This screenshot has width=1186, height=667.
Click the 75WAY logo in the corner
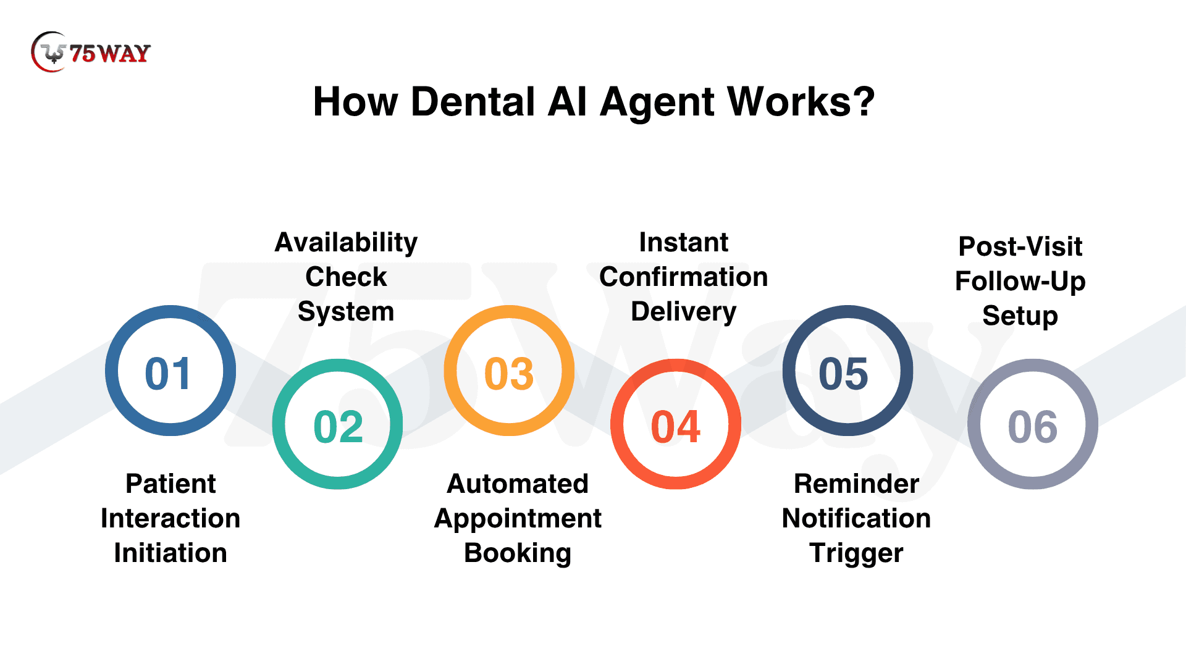(x=91, y=52)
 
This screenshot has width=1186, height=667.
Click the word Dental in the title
(x=473, y=102)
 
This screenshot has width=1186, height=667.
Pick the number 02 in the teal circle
(x=338, y=427)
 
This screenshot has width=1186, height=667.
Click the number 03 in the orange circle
(x=509, y=374)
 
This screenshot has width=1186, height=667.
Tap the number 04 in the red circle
(x=676, y=427)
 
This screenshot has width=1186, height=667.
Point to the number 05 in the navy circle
(x=844, y=374)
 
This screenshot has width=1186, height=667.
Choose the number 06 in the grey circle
(x=1033, y=427)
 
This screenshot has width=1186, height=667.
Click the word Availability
(x=346, y=243)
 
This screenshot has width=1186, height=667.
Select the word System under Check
(x=346, y=312)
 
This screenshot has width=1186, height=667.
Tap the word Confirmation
(x=683, y=277)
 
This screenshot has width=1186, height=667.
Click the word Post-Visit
(x=1020, y=247)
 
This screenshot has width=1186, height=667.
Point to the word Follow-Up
(x=1020, y=282)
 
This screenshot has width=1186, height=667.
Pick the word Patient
(x=170, y=484)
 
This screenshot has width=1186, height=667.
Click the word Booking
(x=518, y=553)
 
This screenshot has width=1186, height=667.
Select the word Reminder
(x=856, y=484)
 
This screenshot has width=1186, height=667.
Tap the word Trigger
(x=856, y=553)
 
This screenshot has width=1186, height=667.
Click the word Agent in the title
(x=656, y=103)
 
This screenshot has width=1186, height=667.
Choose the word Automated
(x=518, y=484)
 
